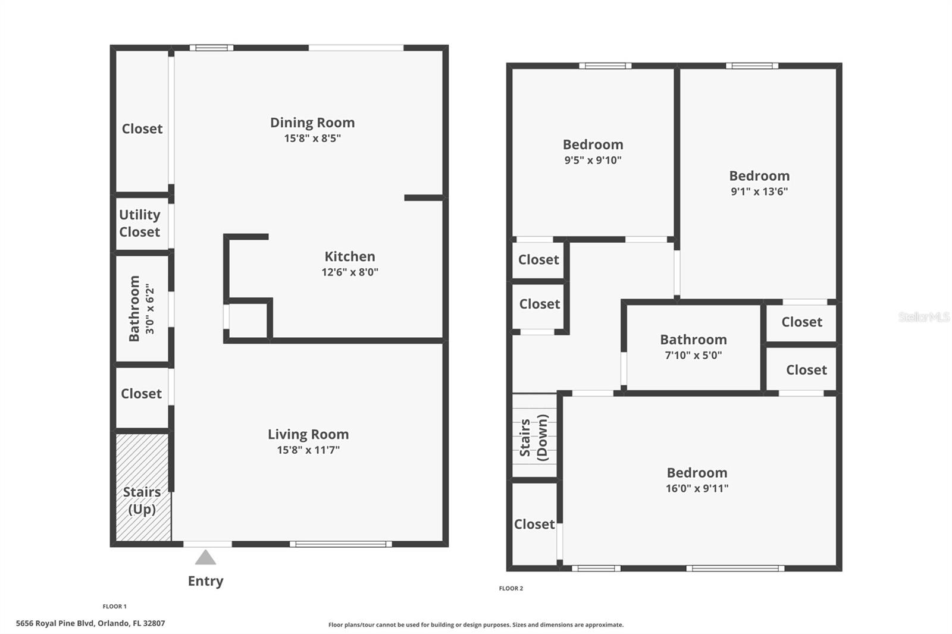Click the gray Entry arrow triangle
(x=205, y=558)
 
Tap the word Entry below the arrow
(x=205, y=581)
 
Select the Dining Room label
(x=312, y=123)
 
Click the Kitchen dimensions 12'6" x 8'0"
(x=350, y=272)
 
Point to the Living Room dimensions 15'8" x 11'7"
(x=308, y=450)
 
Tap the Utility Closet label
(x=140, y=223)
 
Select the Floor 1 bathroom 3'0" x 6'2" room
(x=142, y=309)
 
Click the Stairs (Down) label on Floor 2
(x=534, y=437)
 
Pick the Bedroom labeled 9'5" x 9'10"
(x=593, y=145)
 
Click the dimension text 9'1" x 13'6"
(x=759, y=192)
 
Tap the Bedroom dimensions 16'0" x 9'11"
(x=697, y=488)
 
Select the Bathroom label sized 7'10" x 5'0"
(x=693, y=340)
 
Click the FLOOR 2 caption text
(x=511, y=588)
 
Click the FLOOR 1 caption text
(x=114, y=607)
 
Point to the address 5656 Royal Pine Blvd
(x=90, y=623)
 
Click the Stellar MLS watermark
(x=923, y=317)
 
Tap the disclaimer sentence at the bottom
(x=476, y=624)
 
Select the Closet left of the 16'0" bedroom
(x=534, y=524)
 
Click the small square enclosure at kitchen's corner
(x=248, y=321)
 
